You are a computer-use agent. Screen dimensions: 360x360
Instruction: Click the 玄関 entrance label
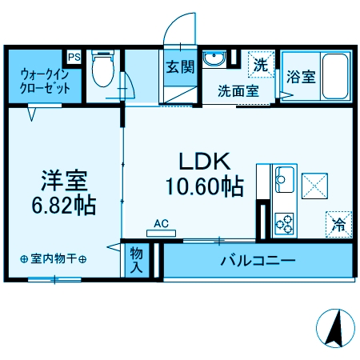point(180,67)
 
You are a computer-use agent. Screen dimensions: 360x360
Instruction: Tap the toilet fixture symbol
point(102,70)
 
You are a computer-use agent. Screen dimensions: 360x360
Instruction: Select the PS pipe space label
point(74,57)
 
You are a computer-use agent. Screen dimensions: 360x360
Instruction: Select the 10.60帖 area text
point(204,187)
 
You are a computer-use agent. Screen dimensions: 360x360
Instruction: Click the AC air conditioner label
point(161,224)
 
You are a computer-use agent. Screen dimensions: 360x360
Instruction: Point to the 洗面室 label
point(238,90)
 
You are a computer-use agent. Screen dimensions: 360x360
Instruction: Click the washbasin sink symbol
point(214,61)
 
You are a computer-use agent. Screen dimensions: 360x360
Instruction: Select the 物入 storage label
point(138,260)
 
